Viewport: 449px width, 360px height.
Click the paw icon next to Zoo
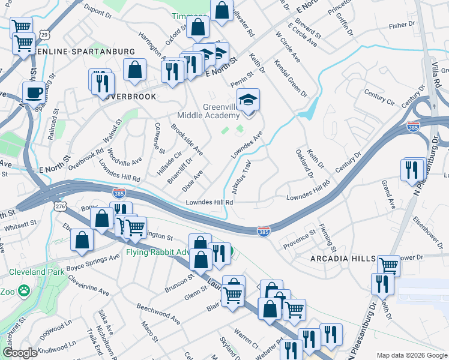tap(24, 292)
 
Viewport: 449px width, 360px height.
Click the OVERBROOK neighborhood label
tap(127, 96)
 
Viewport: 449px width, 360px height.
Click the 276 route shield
tap(60, 206)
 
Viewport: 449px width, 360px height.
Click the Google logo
tap(20, 353)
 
